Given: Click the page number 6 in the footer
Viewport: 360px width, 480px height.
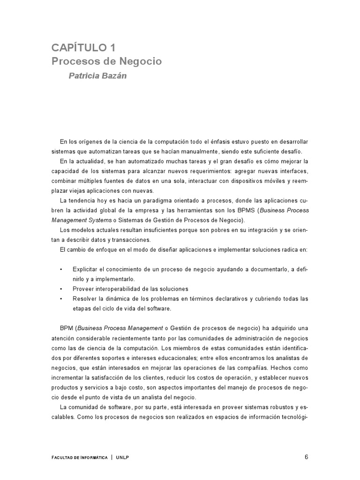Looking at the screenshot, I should pyautogui.click(x=306, y=457).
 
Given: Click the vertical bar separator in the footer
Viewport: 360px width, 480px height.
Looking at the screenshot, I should pyautogui.click(x=112, y=457).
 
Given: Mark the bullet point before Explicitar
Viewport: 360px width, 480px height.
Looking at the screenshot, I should pyautogui.click(x=61, y=270).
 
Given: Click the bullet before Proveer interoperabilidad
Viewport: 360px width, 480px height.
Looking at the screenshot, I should pyautogui.click(x=61, y=288).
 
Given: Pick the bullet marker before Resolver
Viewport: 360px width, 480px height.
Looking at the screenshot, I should pyautogui.click(x=61, y=298).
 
